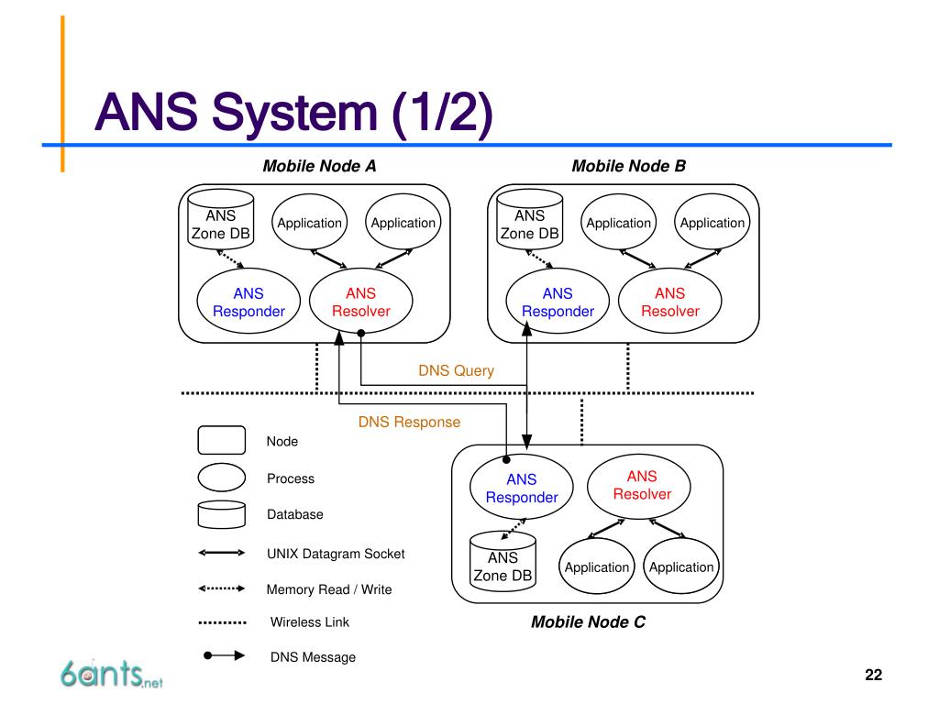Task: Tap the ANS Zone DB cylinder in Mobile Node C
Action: tap(503, 562)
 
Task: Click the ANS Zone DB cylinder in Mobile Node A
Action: tap(220, 219)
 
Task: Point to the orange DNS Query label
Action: tap(457, 371)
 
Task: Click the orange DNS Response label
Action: tap(410, 422)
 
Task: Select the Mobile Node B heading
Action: tap(629, 166)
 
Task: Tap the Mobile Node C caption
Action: tap(588, 622)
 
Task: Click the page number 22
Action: tap(873, 675)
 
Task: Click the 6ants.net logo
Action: tap(111, 674)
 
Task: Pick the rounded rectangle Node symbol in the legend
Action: tap(222, 440)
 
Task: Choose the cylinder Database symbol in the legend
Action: tap(222, 514)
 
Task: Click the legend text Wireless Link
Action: tap(310, 622)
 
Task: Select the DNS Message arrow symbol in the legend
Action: tap(224, 655)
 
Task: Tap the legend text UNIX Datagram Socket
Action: tap(336, 554)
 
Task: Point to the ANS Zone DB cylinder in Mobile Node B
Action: tap(529, 219)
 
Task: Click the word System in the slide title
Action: tap(294, 113)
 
